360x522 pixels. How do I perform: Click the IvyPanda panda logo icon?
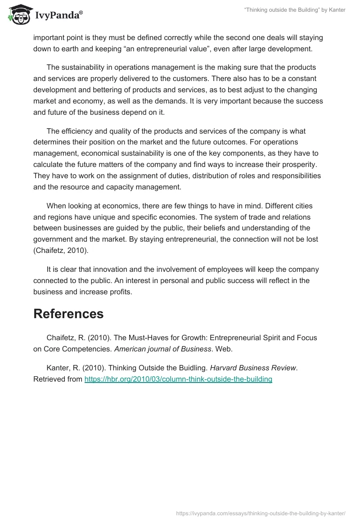[18, 15]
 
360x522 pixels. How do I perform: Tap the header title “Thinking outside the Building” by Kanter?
[294, 10]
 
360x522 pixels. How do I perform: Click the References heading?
[68, 314]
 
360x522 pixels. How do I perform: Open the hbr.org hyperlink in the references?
[178, 379]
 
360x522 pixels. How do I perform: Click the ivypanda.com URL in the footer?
[261, 513]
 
